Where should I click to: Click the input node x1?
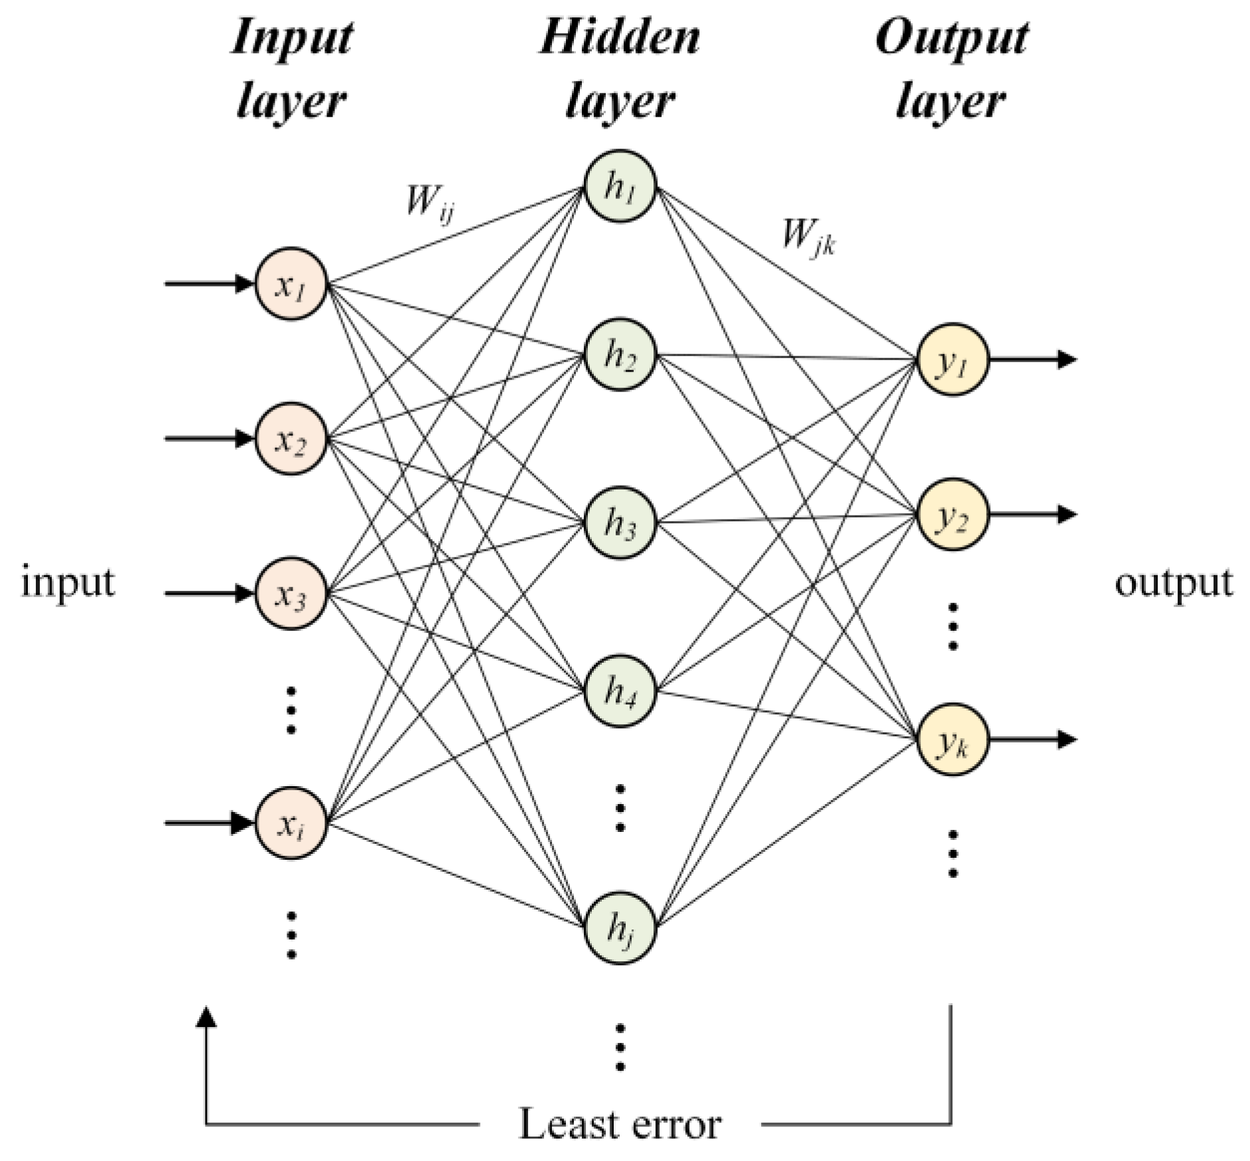[291, 284]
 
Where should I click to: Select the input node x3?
[291, 594]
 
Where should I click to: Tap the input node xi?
[291, 823]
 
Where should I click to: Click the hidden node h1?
[620, 186]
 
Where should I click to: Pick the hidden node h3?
[620, 522]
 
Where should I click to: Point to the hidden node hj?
[620, 927]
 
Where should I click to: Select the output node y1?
[952, 360]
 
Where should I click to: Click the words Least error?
[619, 1124]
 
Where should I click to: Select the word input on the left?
[68, 582]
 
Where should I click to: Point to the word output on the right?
[1173, 582]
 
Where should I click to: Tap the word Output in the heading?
[951, 38]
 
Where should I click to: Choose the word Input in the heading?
[291, 38]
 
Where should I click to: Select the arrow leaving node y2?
[1032, 514]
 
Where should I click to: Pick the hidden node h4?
[620, 691]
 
